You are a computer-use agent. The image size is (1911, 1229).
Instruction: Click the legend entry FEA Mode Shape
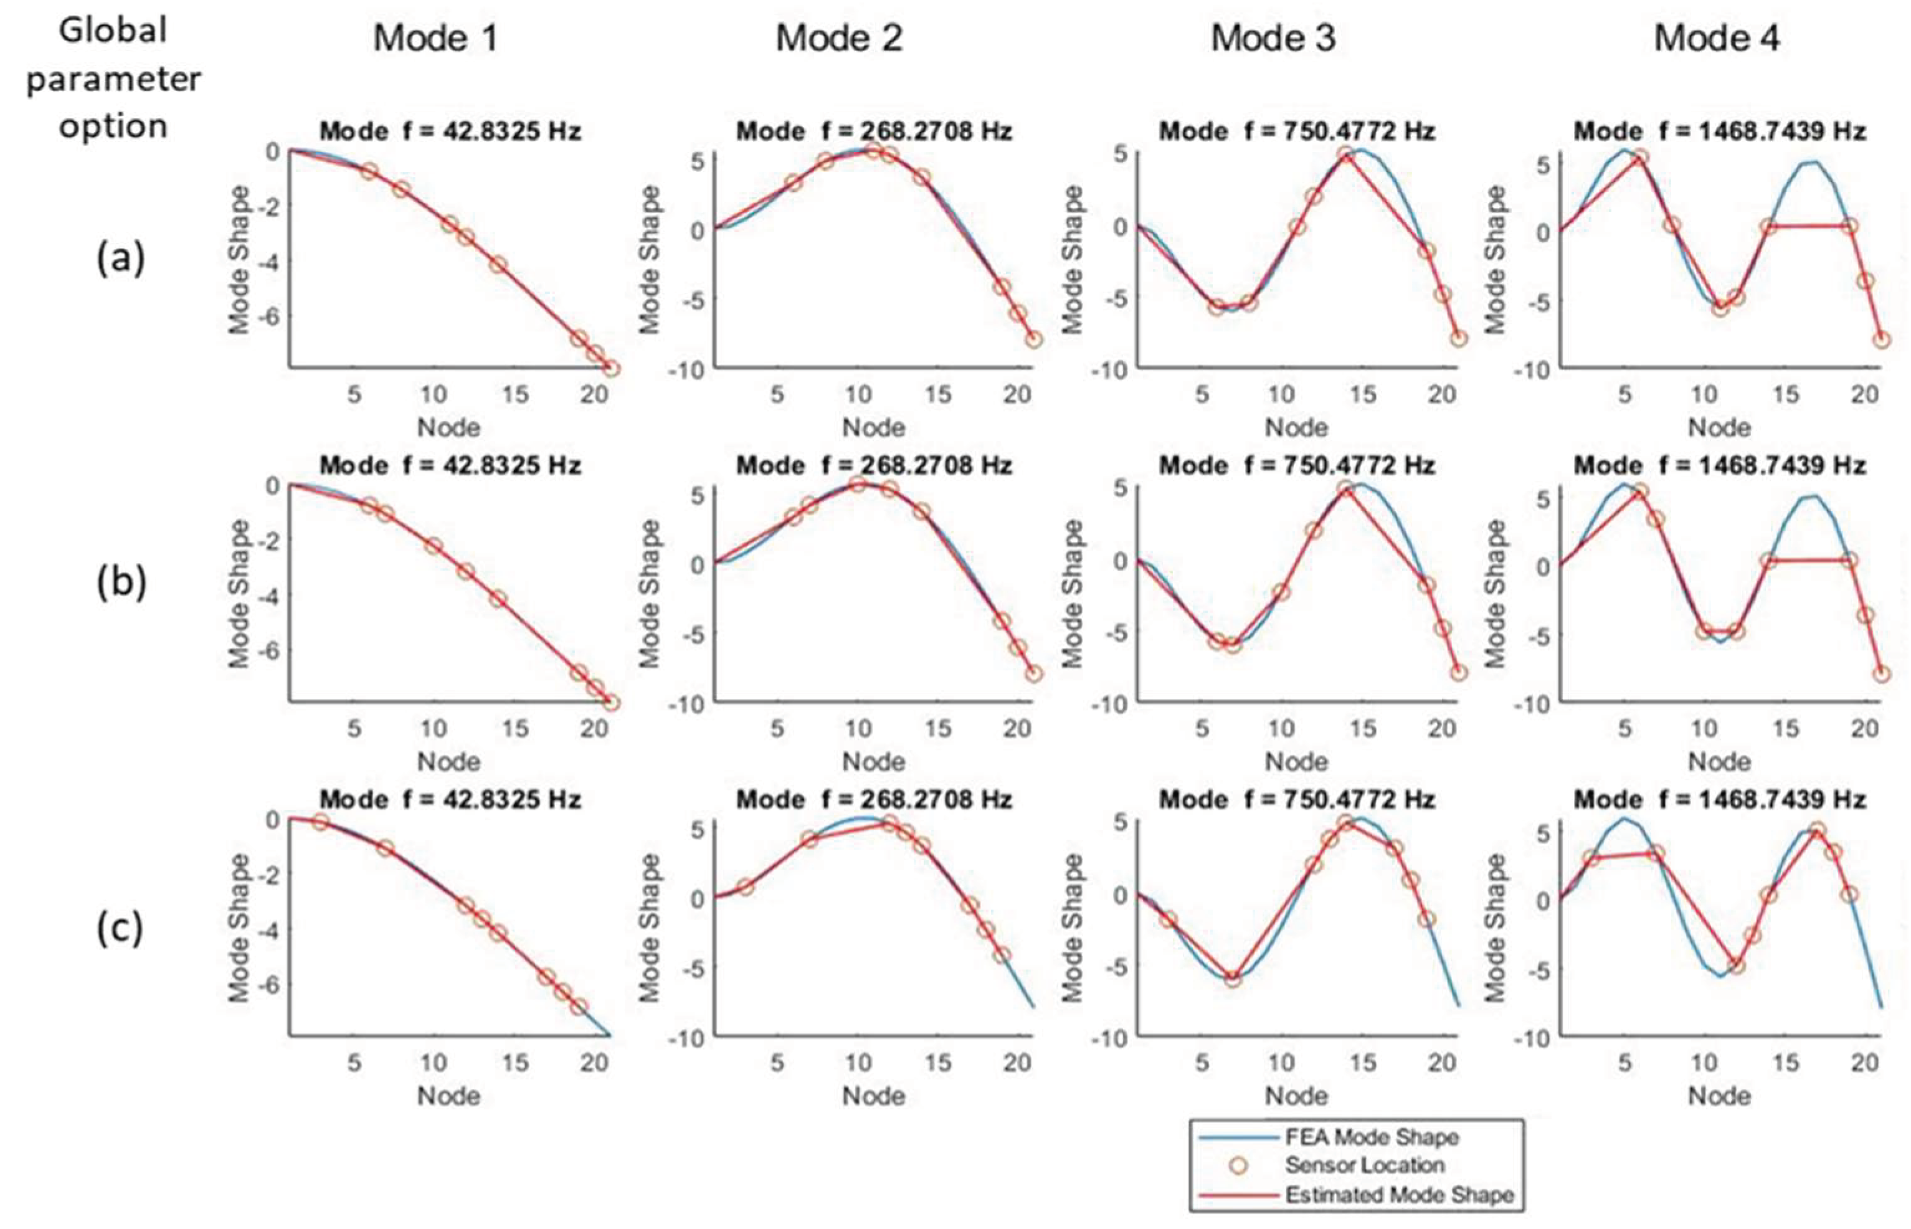coord(1371,1136)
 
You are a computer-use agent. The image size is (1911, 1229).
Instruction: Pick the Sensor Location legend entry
coord(1363,1165)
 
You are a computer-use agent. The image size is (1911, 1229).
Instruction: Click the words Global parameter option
coord(113,78)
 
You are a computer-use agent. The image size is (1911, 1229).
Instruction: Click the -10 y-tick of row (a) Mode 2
coord(691,370)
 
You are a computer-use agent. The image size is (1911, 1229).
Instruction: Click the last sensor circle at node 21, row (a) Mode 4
coord(1880,339)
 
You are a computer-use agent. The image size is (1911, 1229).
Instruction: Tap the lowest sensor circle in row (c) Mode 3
coord(1233,979)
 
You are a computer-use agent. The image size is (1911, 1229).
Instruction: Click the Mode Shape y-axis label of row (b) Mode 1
coord(239,594)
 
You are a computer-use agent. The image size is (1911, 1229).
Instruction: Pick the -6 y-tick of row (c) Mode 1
coord(272,985)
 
